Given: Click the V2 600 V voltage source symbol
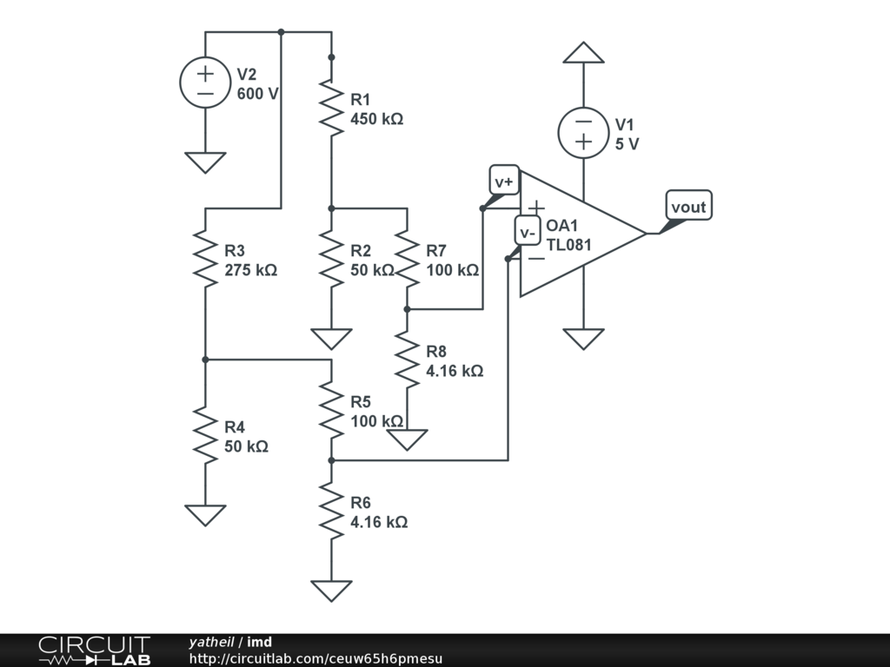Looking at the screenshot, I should pyautogui.click(x=205, y=83).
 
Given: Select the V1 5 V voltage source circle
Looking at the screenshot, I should pyautogui.click(x=583, y=132).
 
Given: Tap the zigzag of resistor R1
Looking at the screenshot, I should pyautogui.click(x=331, y=107).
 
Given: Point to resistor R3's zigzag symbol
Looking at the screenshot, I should pyautogui.click(x=205, y=259).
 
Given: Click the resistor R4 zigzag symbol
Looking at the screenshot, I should pyautogui.click(x=205, y=436).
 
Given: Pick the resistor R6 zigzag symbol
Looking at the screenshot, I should pyautogui.click(x=331, y=512).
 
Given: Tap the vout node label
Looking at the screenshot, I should pyautogui.click(x=688, y=206).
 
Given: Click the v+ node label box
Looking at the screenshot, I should pyautogui.click(x=505, y=180).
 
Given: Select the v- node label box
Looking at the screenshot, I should pyautogui.click(x=527, y=231).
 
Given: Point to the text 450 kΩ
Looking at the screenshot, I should pyautogui.click(x=376, y=119).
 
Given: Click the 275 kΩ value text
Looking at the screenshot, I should pyautogui.click(x=250, y=270).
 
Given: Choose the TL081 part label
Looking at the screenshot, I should pyautogui.click(x=568, y=245).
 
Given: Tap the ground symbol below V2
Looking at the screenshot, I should pyautogui.click(x=205, y=162).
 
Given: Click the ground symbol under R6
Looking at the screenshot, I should pyautogui.click(x=331, y=591).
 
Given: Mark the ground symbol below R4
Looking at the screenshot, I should pyautogui.click(x=205, y=515).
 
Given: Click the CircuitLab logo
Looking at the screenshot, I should pyautogui.click(x=94, y=650).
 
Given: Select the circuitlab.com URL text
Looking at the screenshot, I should pyautogui.click(x=315, y=658).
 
